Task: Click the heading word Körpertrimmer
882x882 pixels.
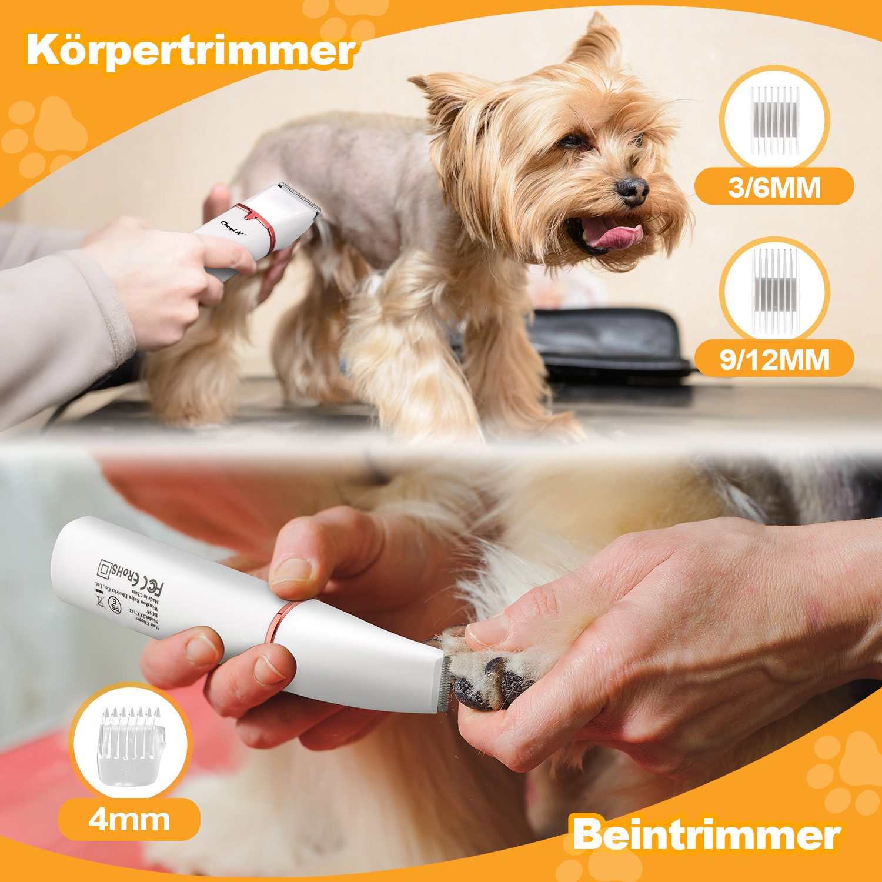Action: pyautogui.click(x=189, y=52)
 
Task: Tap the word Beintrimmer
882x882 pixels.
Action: pyautogui.click(x=706, y=834)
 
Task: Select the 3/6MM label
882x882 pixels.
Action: pyautogui.click(x=773, y=188)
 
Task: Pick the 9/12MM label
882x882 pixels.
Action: pyautogui.click(x=773, y=359)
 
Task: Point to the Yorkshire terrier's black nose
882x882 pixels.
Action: pyautogui.click(x=633, y=189)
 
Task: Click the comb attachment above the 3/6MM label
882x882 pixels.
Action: pyautogui.click(x=774, y=118)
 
